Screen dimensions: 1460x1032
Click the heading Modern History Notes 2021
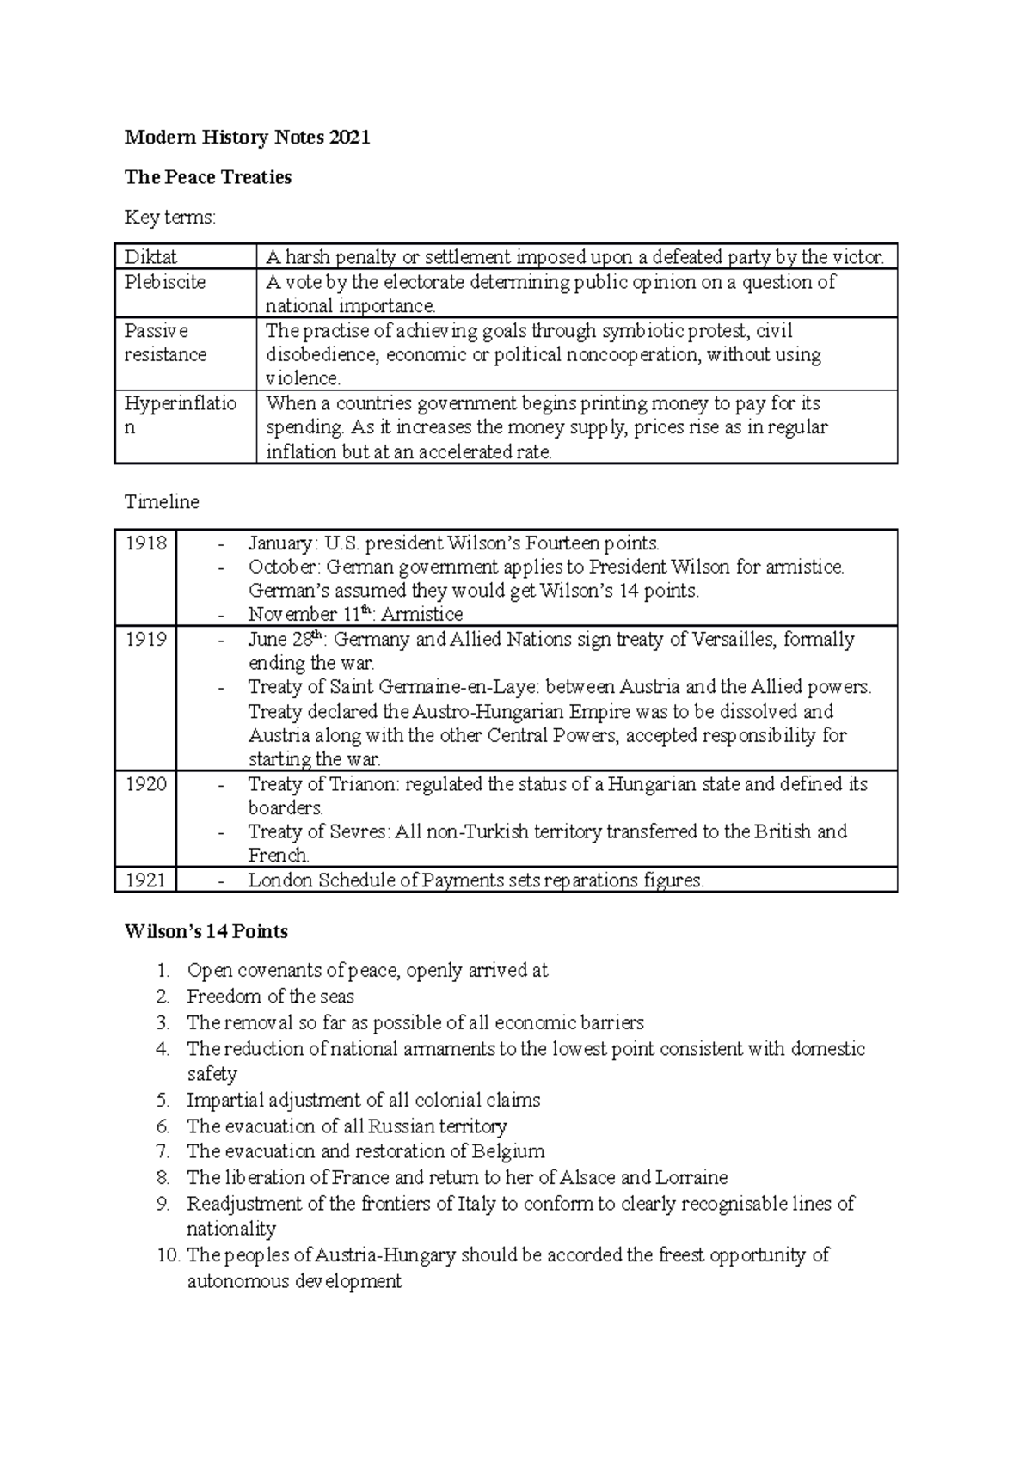(x=247, y=138)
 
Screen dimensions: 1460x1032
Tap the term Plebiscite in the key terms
(x=164, y=282)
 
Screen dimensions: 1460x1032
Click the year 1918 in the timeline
(x=145, y=543)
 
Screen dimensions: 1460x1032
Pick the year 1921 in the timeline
(x=145, y=880)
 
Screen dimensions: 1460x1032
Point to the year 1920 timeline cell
(x=145, y=784)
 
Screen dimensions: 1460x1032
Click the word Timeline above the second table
(x=162, y=501)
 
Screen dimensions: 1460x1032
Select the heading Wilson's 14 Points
(x=206, y=931)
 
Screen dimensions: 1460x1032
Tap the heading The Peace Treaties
(x=208, y=177)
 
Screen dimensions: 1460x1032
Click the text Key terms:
(x=170, y=218)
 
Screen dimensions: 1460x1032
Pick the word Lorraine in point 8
(x=691, y=1177)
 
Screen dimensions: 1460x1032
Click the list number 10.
(x=169, y=1255)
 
